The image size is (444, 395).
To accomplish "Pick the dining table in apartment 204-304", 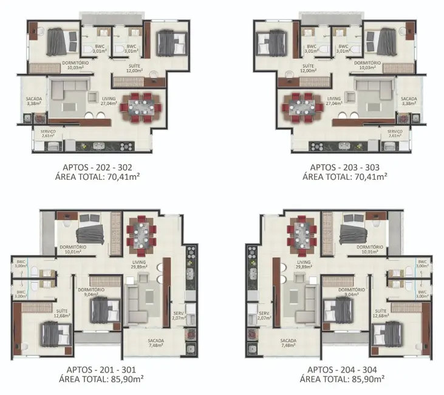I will pyautogui.click(x=302, y=234).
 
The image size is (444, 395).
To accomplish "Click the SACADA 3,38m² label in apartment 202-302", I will pyautogui.click(x=34, y=101).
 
